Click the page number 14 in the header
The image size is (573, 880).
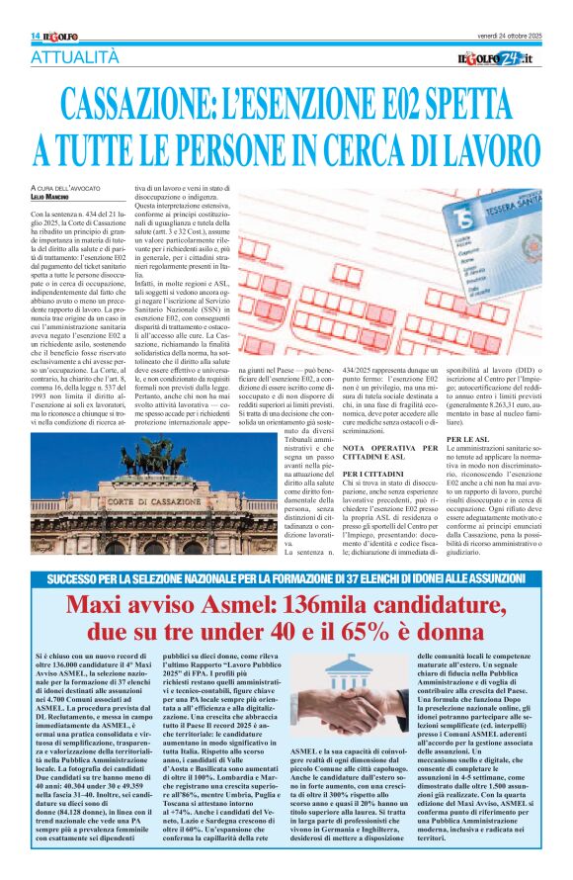[35, 36]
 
